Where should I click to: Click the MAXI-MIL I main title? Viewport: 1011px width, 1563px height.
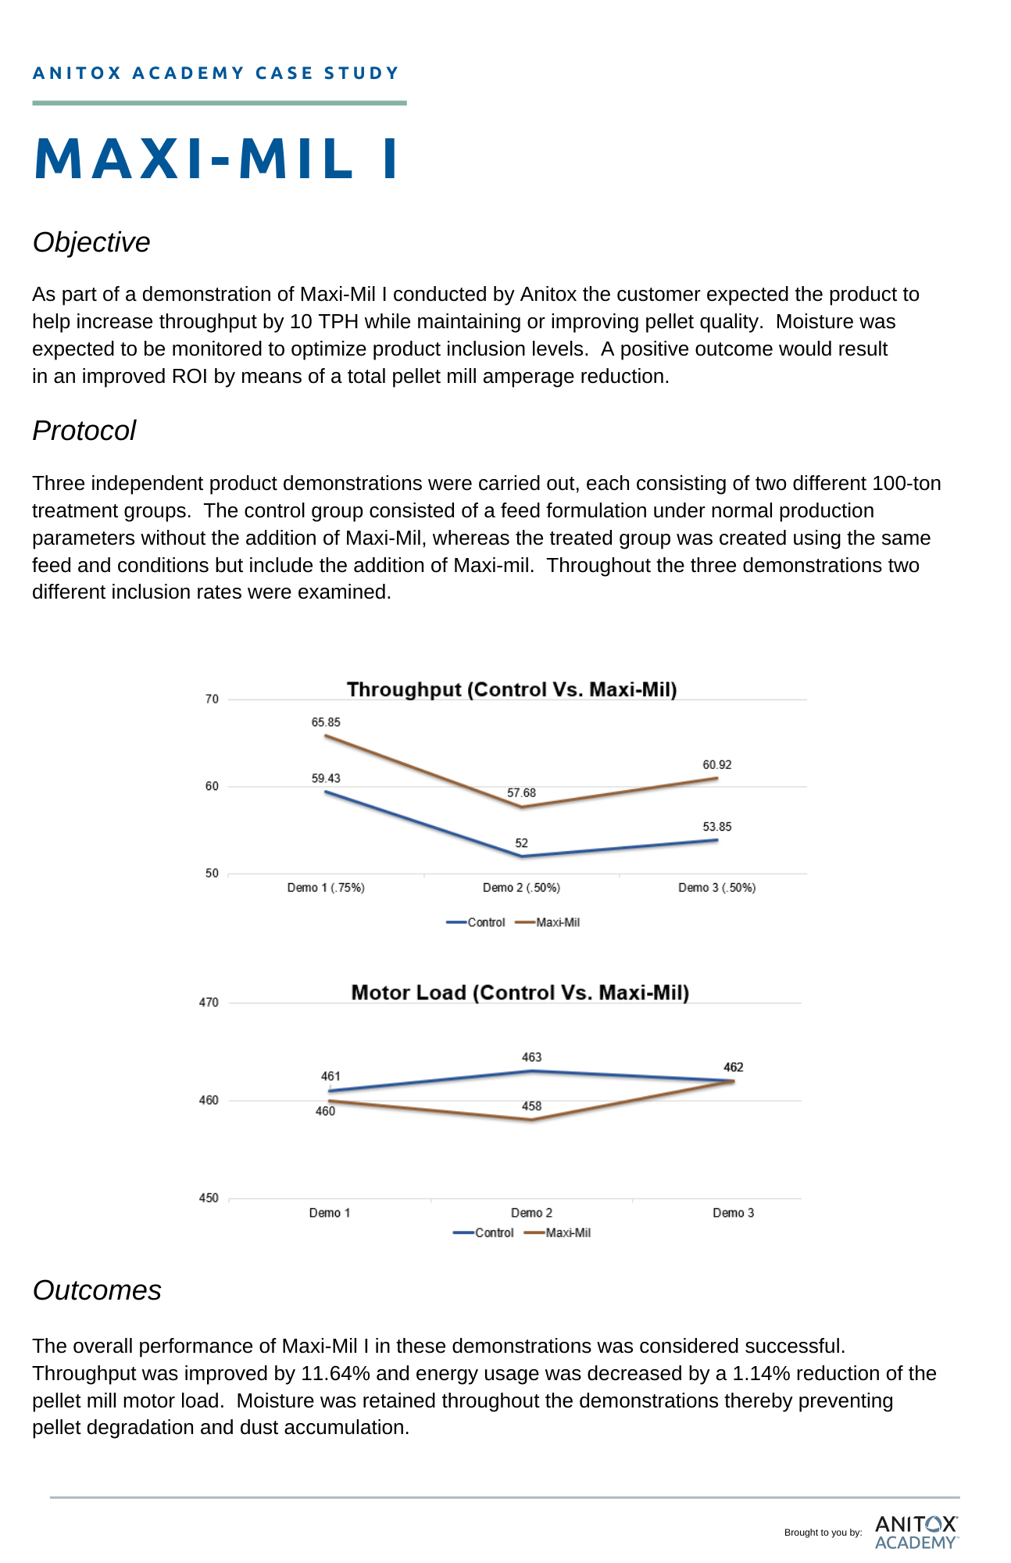coord(217,159)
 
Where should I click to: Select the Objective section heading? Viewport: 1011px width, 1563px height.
coord(91,242)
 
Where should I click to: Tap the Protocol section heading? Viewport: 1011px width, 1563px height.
coord(84,431)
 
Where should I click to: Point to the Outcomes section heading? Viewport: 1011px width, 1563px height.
coord(97,1290)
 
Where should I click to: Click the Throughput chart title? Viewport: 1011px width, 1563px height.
coord(512,689)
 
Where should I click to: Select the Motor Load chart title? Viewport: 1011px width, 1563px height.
coord(520,993)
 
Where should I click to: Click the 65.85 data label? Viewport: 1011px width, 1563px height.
coord(326,722)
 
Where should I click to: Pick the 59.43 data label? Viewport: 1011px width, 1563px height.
coord(326,778)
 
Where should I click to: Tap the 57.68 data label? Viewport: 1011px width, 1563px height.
coord(521,792)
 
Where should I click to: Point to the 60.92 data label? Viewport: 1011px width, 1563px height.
coord(717,764)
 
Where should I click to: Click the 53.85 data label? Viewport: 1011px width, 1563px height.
coord(717,826)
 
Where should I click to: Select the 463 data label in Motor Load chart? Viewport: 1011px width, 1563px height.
coord(532,1057)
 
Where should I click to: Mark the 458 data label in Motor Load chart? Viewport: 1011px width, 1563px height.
coord(532,1106)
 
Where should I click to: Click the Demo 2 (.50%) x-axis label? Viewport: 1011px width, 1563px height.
coord(521,888)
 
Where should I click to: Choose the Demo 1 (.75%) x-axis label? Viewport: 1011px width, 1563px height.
coord(326,888)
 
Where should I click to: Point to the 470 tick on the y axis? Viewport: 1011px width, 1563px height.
coord(209,1003)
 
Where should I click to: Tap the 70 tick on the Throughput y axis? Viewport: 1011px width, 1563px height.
coord(212,699)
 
